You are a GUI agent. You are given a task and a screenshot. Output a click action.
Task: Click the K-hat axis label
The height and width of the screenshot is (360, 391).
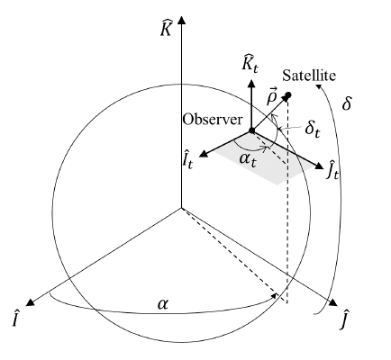(166, 28)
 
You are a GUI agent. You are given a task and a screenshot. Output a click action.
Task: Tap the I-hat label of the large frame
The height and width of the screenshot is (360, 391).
(16, 319)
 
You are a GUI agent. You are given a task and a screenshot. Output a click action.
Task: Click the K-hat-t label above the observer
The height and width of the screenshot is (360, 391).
(250, 64)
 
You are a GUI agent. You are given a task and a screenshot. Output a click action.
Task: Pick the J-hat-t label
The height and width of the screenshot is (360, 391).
(332, 170)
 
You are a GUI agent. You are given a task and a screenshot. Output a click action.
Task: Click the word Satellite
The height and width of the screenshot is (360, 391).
(309, 76)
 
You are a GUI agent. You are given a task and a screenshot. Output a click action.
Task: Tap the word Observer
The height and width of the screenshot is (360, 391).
(213, 120)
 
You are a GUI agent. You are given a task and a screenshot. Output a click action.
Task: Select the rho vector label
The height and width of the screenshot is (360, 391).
(273, 95)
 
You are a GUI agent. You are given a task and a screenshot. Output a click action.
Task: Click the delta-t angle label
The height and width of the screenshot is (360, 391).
(313, 129)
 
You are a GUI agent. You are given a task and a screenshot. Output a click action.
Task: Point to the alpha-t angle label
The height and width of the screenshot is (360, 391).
(248, 159)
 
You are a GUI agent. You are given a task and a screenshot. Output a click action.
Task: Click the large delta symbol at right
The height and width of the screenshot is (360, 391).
(346, 103)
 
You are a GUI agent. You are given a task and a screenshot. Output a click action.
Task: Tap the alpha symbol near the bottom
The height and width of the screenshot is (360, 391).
(163, 304)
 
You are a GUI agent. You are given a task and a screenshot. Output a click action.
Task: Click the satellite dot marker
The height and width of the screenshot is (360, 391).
(288, 95)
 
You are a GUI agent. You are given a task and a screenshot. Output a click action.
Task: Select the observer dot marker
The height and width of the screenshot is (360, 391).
(252, 130)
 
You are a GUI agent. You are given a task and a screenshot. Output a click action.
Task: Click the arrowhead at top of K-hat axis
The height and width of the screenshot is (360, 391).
(181, 20)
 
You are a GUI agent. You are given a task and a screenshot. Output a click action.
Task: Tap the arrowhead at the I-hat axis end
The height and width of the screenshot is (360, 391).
(30, 302)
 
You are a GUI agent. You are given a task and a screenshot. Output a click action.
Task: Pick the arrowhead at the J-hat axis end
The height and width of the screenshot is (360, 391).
(333, 303)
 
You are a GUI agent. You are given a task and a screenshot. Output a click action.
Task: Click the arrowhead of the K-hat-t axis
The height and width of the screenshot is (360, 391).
(251, 83)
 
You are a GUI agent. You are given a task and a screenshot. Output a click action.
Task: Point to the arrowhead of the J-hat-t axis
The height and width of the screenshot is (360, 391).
(319, 166)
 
